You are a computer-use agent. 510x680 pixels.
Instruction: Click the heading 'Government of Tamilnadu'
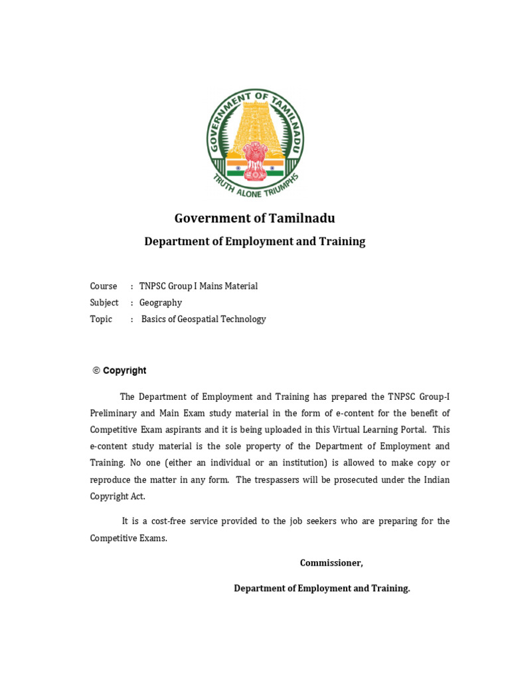point(255,218)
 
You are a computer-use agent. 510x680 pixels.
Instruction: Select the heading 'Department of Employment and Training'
point(255,242)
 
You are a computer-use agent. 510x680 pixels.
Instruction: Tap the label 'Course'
point(104,286)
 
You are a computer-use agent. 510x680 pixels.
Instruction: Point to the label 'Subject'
point(104,303)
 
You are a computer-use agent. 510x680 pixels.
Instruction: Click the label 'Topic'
point(102,319)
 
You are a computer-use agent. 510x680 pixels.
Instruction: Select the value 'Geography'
point(161,303)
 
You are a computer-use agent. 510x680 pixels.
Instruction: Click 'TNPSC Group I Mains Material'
point(199,286)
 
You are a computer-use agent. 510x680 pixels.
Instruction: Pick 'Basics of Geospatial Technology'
point(203,319)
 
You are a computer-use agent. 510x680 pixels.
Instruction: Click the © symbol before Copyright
point(96,371)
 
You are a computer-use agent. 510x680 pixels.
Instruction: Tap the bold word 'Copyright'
point(125,371)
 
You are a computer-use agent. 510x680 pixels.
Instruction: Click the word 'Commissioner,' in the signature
point(331,563)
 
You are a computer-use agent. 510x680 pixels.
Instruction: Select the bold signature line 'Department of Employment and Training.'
point(322,588)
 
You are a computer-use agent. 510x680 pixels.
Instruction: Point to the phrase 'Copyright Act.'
point(118,497)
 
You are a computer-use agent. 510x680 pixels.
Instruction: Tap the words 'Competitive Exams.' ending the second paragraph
point(129,539)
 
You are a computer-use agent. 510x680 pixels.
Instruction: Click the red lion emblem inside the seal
point(255,159)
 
